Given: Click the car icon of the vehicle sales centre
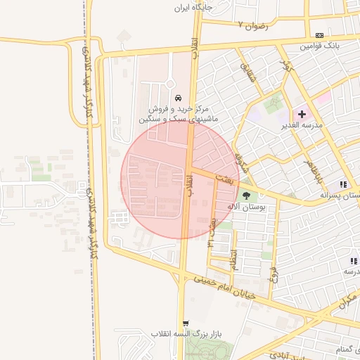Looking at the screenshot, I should (x=178, y=97).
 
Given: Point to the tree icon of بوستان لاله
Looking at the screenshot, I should (x=247, y=195).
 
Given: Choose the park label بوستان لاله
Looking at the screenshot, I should (x=248, y=207).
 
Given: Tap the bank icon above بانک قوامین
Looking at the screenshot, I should (x=320, y=35).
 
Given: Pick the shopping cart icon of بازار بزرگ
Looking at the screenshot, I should (x=186, y=323).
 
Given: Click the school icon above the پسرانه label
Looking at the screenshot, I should (x=343, y=184).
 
